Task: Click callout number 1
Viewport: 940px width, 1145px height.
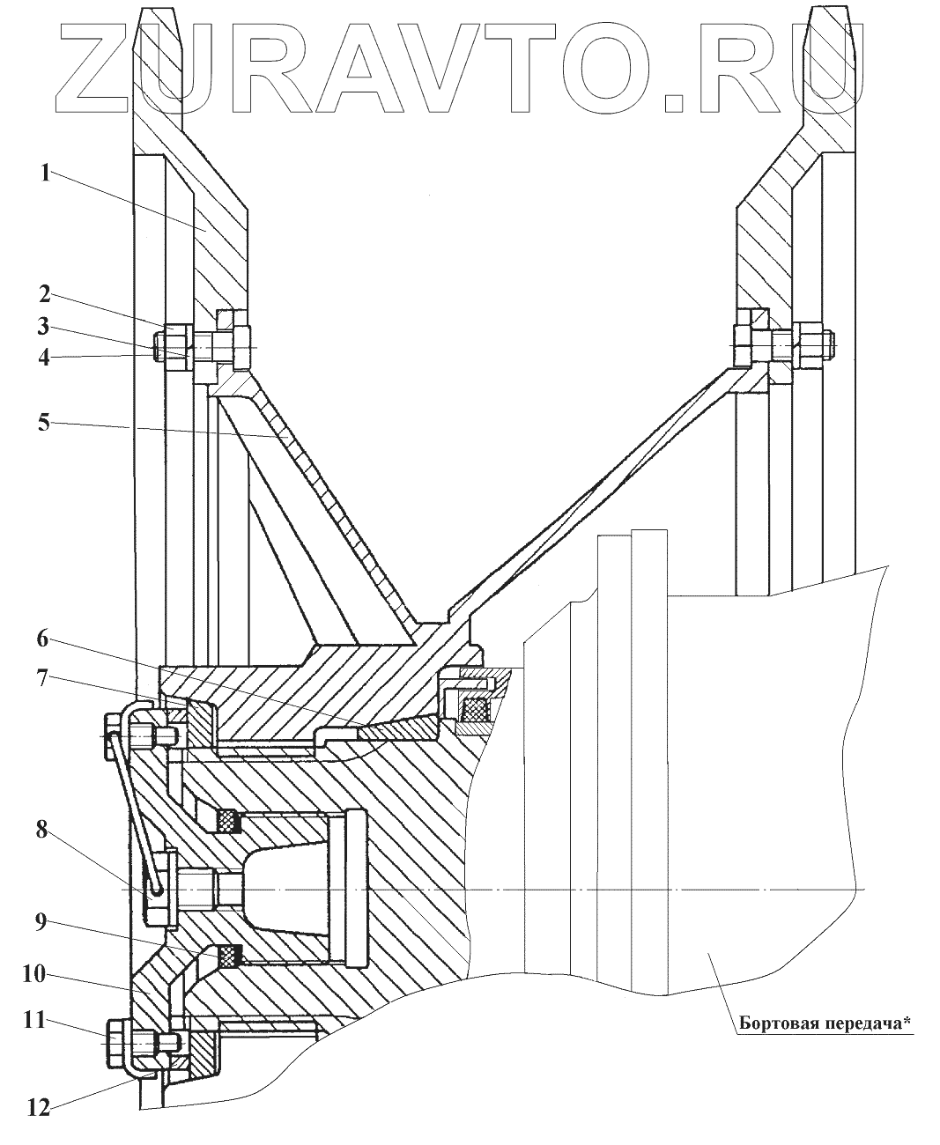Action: (x=42, y=173)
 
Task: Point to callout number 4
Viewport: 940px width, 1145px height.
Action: (x=42, y=357)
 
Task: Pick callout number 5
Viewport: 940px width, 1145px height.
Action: (x=42, y=423)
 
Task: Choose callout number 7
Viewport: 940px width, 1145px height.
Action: (x=42, y=678)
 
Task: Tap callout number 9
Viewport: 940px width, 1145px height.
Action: (x=42, y=925)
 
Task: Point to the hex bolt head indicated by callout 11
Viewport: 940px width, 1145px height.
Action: (x=118, y=1037)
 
